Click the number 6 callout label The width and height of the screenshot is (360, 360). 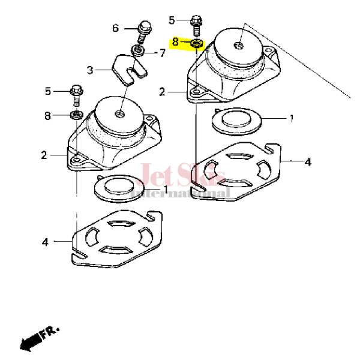116,28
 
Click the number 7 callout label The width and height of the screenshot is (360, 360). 162,53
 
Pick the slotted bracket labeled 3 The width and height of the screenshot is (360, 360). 130,67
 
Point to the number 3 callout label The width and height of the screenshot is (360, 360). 91,70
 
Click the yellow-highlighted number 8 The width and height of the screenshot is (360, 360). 175,42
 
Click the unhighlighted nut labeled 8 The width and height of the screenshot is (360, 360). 77,114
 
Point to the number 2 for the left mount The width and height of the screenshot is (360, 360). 43,155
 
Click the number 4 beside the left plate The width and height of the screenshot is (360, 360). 46,242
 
